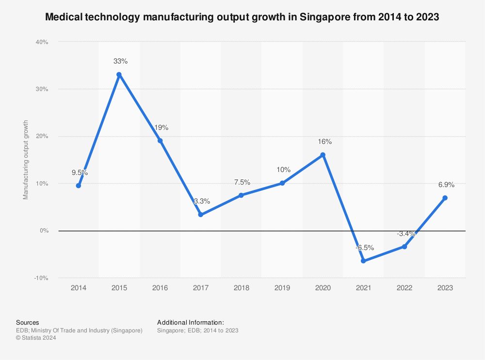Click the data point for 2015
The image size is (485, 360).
pos(119,75)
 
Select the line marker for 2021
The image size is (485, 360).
pos(364,261)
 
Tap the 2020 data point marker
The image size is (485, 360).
pos(323,155)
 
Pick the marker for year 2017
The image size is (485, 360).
pos(201,215)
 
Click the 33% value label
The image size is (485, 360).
pos(120,62)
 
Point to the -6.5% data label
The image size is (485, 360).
pos(364,248)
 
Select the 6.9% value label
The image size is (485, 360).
pos(446,185)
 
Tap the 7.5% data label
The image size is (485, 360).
pos(242,182)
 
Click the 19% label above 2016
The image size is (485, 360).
pos(161,127)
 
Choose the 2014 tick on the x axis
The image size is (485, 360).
pos(78,288)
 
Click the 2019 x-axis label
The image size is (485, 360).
pos(282,288)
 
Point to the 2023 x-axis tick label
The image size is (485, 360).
pos(445,288)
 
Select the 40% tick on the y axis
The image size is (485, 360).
pos(42,42)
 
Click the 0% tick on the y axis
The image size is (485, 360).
pos(44,231)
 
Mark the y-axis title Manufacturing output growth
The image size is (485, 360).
pos(26,160)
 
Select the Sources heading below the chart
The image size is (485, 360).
pos(28,322)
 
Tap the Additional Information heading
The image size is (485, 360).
pos(191,322)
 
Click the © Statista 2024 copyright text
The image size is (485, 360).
pos(36,338)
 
